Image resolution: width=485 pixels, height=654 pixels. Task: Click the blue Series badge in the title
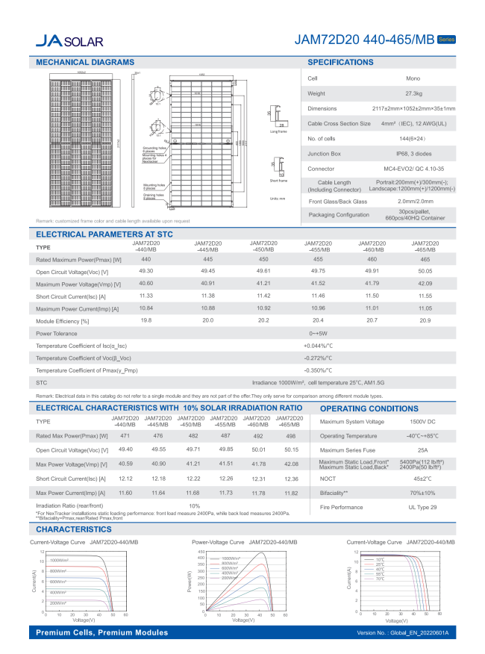445,38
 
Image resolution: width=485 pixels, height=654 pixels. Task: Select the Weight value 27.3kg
413,93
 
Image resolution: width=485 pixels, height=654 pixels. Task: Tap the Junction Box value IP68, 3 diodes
413,154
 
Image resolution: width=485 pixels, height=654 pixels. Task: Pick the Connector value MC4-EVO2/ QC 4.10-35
413,169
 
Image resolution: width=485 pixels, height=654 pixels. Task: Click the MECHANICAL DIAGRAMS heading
85,62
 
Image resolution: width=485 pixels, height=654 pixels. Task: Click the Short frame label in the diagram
278,180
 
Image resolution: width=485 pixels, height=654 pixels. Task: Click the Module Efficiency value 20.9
425,320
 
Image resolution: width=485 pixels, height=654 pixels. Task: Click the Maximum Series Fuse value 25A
422,450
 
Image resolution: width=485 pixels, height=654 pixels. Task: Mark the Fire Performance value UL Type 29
422,507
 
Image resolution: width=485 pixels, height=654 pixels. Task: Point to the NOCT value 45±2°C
422,479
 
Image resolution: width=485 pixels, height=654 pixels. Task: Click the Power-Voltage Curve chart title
244,541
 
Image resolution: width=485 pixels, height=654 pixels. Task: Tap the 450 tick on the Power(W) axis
201,552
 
